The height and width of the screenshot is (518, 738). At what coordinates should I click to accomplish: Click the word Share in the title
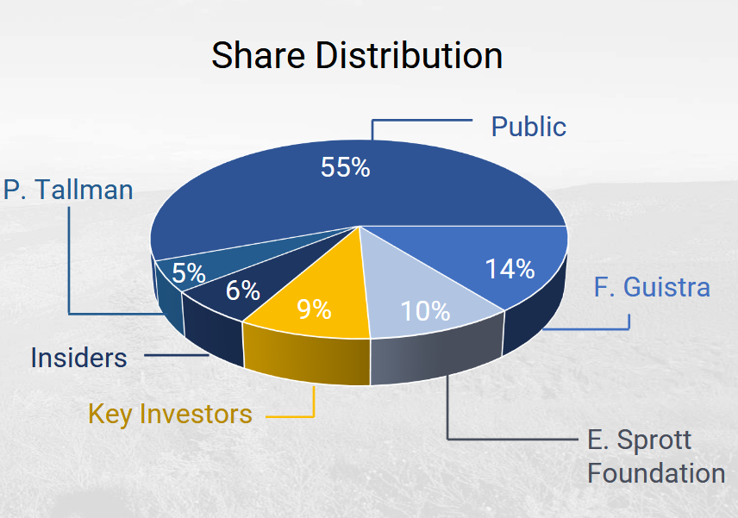tap(259, 55)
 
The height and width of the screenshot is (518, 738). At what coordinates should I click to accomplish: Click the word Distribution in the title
tap(409, 55)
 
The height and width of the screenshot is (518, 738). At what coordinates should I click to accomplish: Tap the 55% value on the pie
tap(346, 167)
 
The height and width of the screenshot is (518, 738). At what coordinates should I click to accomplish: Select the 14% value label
tap(510, 269)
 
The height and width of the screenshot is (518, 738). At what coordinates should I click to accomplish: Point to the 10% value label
tap(425, 311)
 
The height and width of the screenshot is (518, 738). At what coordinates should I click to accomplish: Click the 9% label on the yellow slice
tap(314, 309)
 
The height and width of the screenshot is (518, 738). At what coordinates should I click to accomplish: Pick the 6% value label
tap(243, 290)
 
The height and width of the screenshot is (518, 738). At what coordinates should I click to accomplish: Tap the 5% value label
tap(189, 273)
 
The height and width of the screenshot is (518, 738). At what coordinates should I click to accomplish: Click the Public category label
tap(528, 127)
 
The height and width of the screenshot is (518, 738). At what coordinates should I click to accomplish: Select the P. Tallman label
tap(68, 190)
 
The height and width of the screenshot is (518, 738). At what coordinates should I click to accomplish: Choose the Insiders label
tap(78, 358)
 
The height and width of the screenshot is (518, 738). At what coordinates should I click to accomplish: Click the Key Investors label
tap(170, 415)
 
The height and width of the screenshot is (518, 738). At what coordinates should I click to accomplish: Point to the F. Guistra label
tap(652, 287)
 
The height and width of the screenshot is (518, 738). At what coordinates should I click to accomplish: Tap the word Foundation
tap(656, 473)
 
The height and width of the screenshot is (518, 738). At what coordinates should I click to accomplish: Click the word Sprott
tap(654, 440)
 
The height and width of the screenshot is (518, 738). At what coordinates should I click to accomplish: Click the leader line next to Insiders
tap(177, 355)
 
